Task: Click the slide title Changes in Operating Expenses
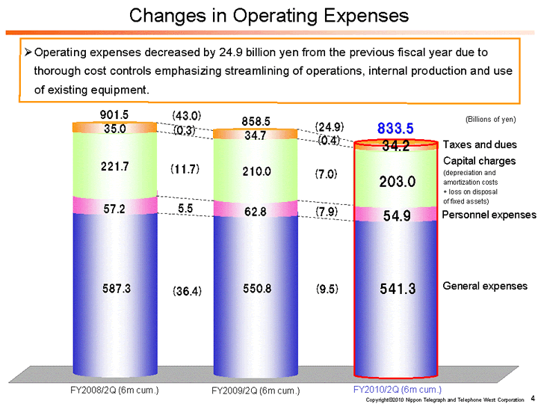coord(268,15)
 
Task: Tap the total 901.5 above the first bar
coord(114,114)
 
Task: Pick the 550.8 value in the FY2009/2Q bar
coord(256,288)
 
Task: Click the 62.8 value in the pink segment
coord(256,212)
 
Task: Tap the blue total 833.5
coord(397,129)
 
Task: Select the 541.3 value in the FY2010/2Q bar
coord(397,288)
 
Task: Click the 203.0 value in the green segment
coord(397,181)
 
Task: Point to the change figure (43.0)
coord(187,115)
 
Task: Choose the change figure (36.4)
coord(187,290)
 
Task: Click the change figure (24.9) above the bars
coord(329,126)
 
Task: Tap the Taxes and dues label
coord(479,145)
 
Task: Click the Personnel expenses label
coord(489,215)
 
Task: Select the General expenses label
coord(485,286)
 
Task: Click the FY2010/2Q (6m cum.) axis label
coord(397,389)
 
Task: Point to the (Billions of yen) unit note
coord(490,119)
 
